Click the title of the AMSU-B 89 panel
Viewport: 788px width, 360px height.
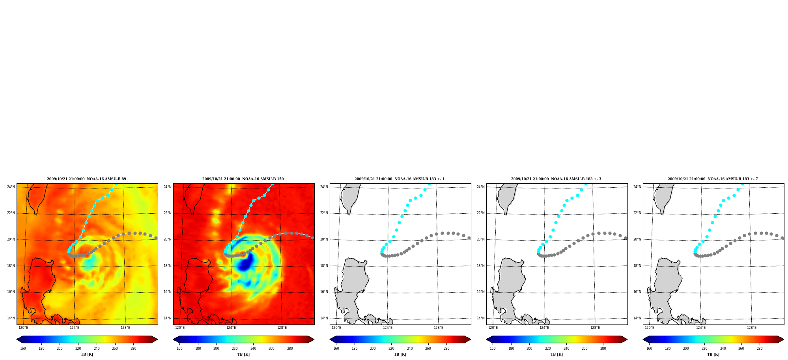point(86,179)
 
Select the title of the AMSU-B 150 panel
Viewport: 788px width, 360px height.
point(243,179)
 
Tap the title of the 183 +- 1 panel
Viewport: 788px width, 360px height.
point(400,179)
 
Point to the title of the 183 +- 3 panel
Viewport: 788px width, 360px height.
point(556,179)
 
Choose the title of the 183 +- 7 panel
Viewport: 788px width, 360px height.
point(713,179)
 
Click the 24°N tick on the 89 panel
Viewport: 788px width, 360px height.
point(11,187)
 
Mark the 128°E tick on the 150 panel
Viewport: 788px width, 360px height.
point(282,328)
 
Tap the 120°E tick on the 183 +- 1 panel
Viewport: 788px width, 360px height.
point(336,328)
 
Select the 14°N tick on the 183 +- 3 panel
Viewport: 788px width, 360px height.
point(481,318)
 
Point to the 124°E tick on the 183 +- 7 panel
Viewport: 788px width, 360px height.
point(701,328)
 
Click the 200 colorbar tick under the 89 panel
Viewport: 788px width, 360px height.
point(60,348)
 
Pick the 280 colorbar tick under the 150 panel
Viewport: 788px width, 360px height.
point(290,348)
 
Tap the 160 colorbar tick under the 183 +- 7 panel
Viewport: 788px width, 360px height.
point(649,348)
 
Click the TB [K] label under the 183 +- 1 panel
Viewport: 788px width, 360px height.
point(400,354)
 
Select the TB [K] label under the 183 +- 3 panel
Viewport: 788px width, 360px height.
point(556,354)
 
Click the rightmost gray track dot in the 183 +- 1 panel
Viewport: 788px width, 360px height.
point(469,238)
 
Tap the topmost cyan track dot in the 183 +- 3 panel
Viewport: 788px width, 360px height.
point(586,183)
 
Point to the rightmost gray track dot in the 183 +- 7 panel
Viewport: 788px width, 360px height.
point(782,238)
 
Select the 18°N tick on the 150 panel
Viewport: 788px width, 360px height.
point(168,266)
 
